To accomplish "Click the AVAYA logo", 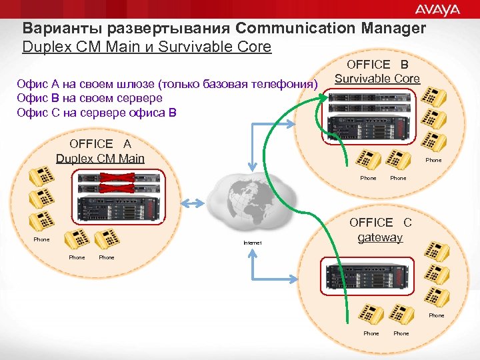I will click(x=437, y=9).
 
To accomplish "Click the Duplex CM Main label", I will click(x=100, y=158).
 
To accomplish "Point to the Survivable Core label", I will click(x=377, y=79).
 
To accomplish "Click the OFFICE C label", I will click(x=381, y=223).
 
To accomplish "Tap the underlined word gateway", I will click(x=380, y=237).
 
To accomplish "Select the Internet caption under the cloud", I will click(x=253, y=243).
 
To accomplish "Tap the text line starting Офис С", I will click(x=97, y=112).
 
